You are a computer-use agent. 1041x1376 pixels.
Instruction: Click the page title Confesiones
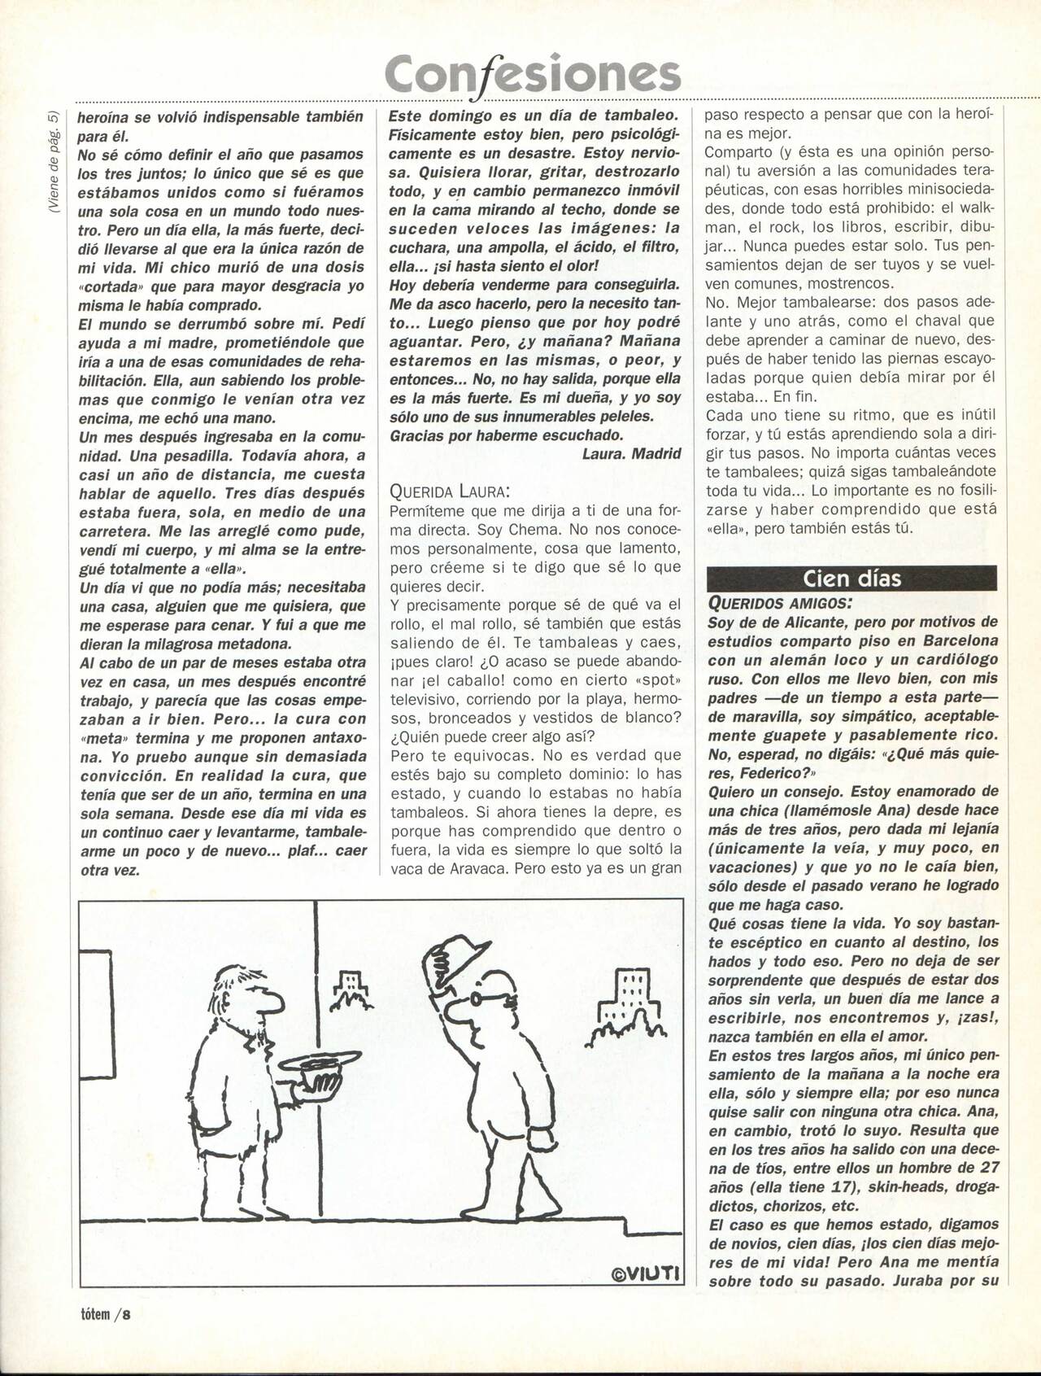533,74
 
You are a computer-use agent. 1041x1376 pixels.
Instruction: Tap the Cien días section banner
852,578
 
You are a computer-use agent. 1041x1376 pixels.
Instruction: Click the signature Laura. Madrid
631,454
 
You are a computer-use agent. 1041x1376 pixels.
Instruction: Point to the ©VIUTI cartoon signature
647,1273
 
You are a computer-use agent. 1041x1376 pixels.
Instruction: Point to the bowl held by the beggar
319,1067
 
